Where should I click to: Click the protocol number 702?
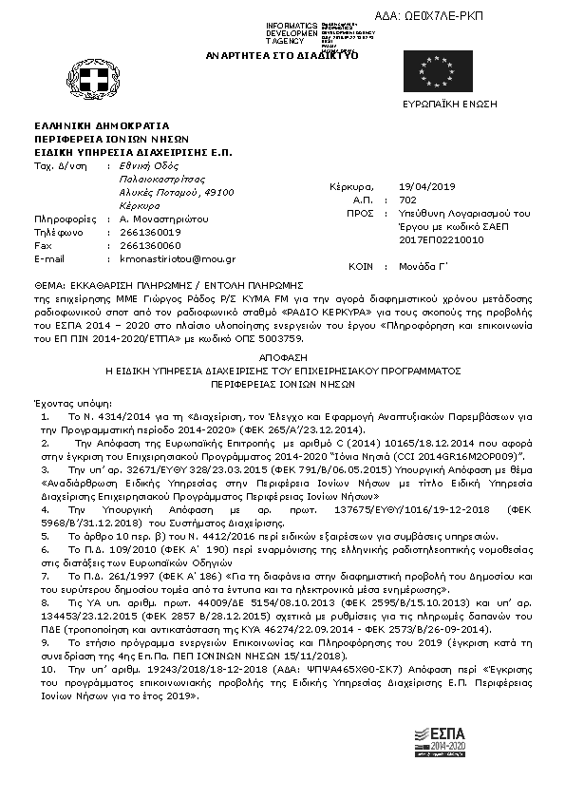(x=408, y=200)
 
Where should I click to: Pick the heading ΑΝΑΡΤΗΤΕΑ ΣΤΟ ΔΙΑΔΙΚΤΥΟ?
(x=282, y=56)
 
